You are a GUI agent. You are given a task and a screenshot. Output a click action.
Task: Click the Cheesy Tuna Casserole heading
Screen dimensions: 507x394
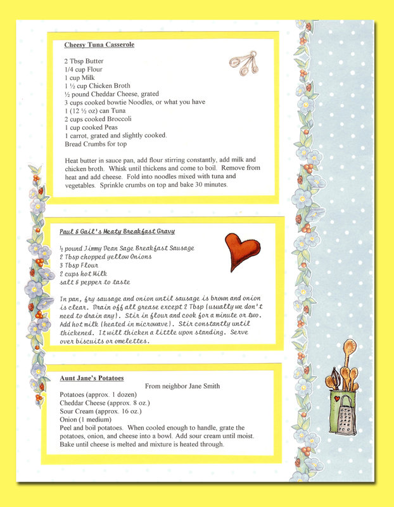[x=99, y=45]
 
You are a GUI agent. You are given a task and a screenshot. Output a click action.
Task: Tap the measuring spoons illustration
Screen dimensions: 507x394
[x=242, y=63]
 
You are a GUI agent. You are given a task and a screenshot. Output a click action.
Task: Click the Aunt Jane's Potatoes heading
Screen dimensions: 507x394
[x=92, y=378]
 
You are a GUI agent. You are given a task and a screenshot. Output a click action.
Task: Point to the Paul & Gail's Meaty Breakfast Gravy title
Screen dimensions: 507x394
[x=117, y=232]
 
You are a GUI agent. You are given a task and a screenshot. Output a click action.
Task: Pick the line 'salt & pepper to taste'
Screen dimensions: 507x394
[x=94, y=282]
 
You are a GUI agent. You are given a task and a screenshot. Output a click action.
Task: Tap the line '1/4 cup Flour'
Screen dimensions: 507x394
[x=83, y=70]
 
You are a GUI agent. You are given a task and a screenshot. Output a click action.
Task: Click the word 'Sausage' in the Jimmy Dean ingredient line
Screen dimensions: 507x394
[x=179, y=248]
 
